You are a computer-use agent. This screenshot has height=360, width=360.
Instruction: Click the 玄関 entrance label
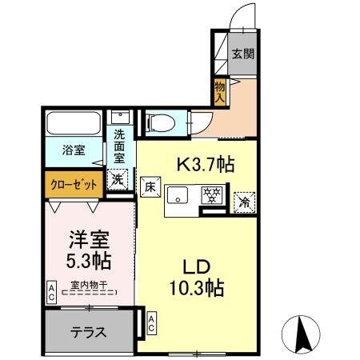click(243, 55)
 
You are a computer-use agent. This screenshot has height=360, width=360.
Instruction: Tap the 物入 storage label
click(220, 91)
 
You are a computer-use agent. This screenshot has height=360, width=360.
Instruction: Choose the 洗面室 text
click(119, 146)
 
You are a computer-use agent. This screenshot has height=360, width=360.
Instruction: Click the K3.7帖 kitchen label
click(205, 165)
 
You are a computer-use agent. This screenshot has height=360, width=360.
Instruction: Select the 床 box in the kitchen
click(151, 189)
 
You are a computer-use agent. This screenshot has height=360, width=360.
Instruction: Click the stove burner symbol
click(211, 194)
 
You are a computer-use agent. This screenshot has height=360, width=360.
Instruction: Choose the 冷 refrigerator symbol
click(242, 202)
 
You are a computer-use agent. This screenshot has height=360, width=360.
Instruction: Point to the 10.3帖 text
click(197, 286)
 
